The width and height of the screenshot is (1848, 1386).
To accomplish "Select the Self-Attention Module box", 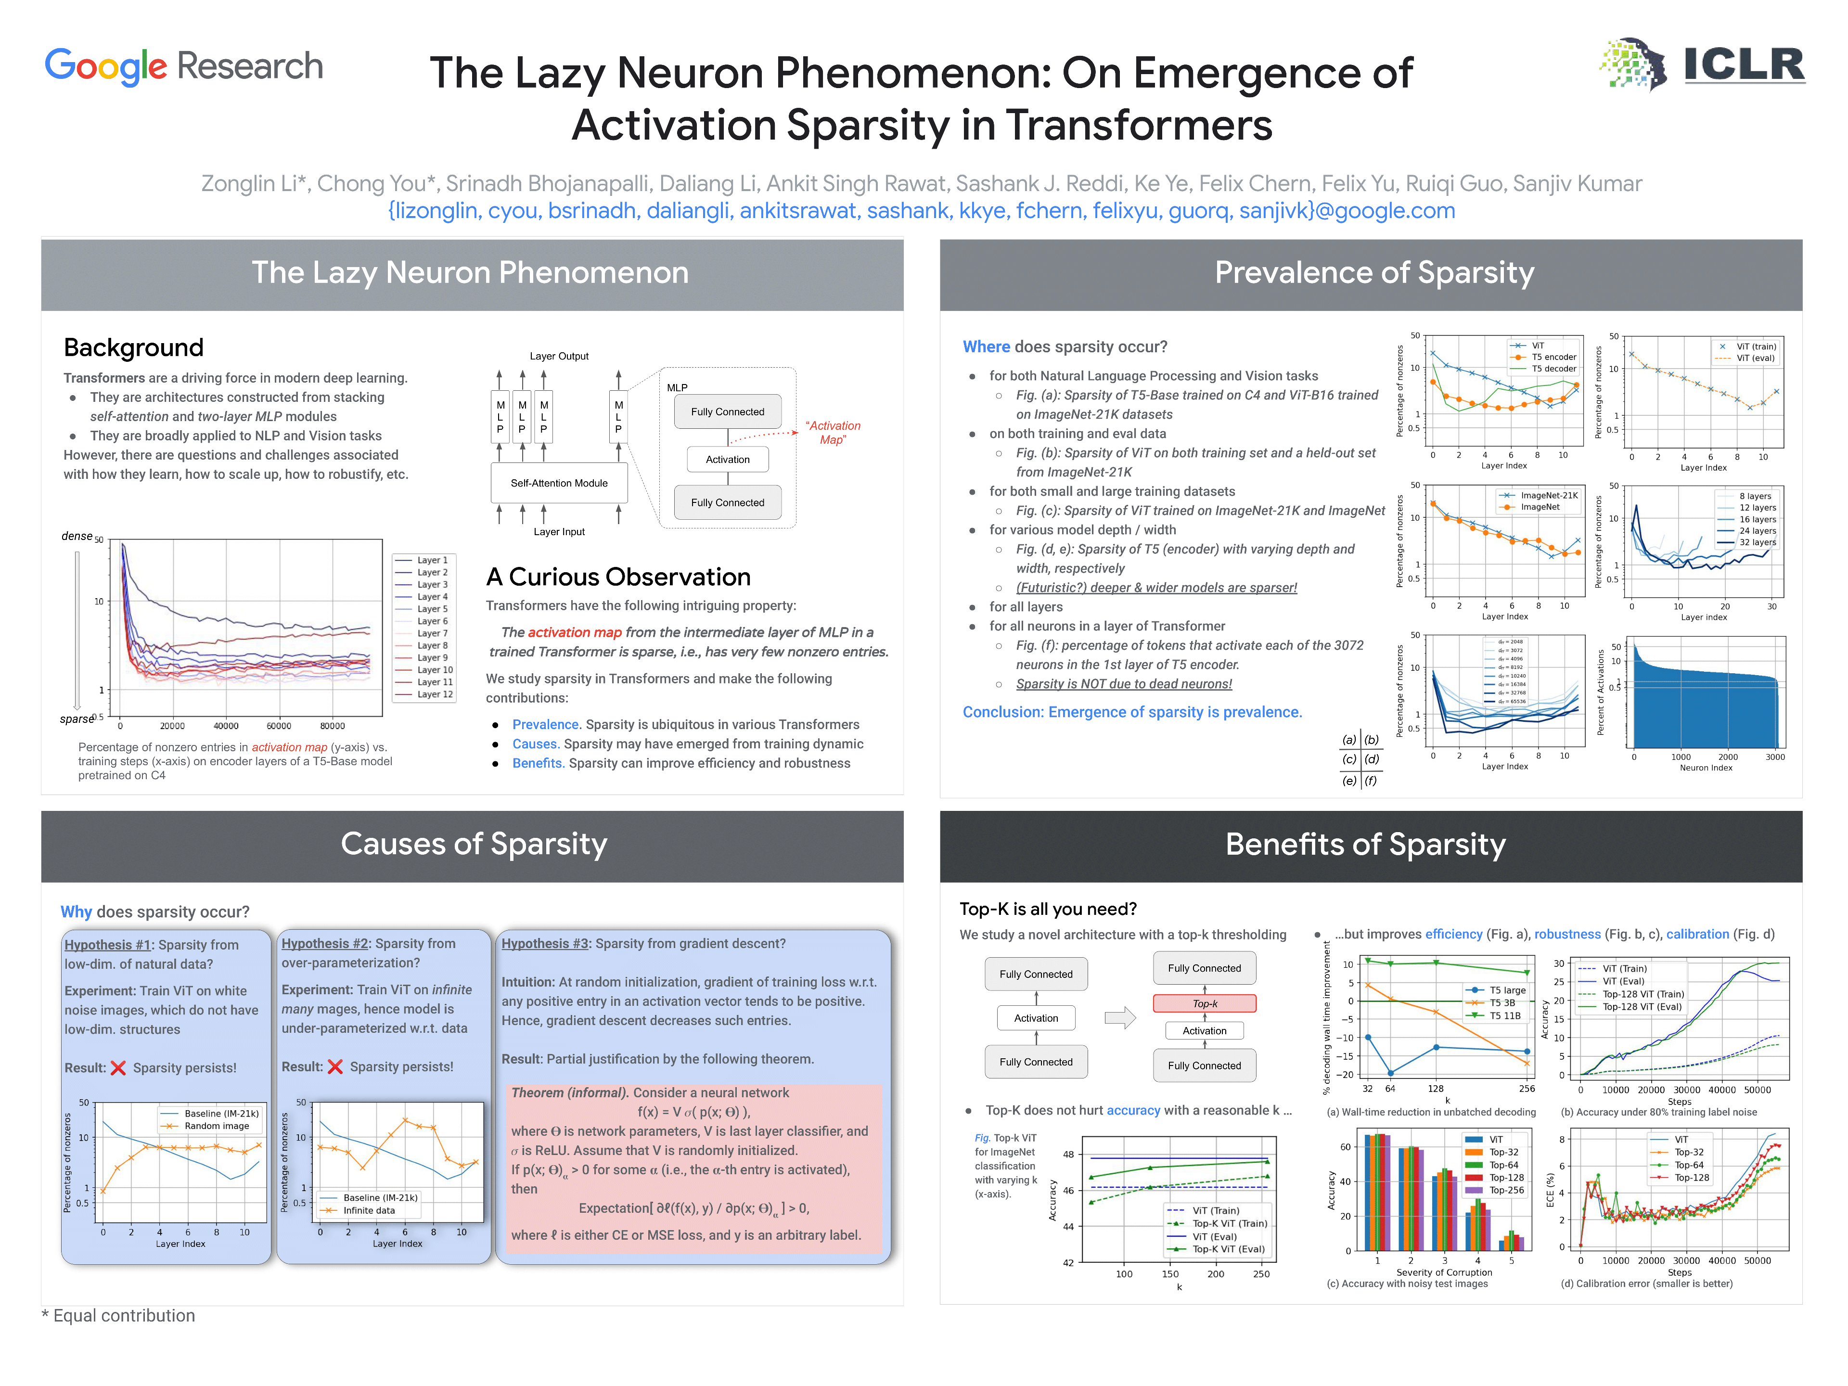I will click(x=559, y=483).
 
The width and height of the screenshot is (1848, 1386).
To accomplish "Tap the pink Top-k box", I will click(x=1204, y=1003).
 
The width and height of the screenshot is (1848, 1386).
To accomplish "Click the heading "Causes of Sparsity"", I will click(x=474, y=844).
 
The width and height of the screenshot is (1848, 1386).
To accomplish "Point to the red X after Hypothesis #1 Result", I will click(x=118, y=1068).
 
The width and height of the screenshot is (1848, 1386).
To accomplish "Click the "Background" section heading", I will click(x=134, y=347).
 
